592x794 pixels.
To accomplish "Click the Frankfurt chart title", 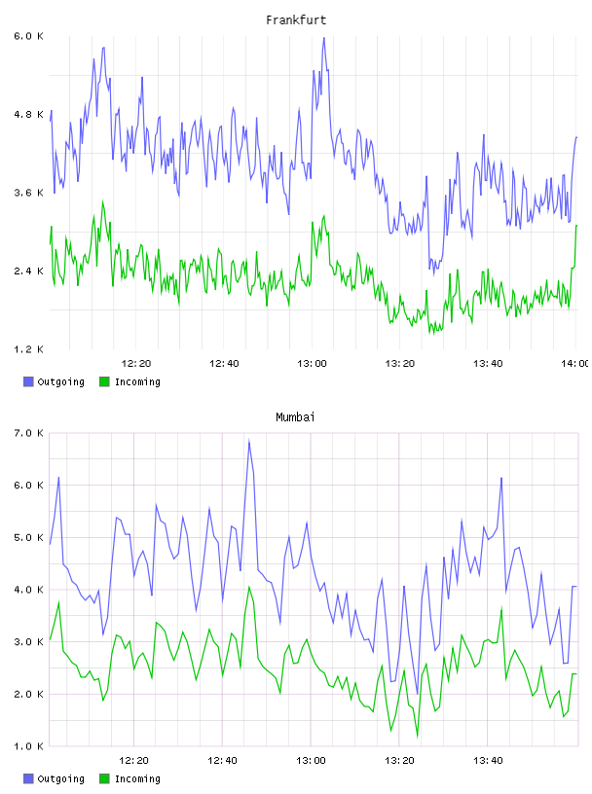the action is pos(296,20).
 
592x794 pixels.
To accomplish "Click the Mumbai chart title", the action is pos(295,417).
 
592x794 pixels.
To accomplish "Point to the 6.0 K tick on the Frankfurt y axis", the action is pos(29,36).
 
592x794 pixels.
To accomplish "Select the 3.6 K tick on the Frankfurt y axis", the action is pos(29,193).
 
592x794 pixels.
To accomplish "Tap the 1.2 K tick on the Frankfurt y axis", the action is pos(29,349).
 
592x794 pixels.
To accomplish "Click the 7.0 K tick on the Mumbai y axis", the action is pos(29,433).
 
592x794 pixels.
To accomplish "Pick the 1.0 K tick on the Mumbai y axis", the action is pos(29,746).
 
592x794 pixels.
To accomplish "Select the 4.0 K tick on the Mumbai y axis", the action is pos(29,590).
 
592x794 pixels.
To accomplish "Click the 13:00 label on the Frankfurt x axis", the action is pos(312,363).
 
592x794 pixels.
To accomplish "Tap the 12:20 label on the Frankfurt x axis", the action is pos(136,363).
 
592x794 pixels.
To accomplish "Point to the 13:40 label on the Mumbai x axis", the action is pos(488,760).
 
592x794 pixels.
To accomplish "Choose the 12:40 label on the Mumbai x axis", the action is pos(223,760).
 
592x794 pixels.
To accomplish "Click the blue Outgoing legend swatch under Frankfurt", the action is pos(28,381).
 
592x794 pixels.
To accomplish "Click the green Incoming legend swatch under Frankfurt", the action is pos(104,381).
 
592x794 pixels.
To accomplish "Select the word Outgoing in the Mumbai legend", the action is pos(60,778).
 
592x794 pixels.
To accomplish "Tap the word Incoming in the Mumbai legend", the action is pos(137,778).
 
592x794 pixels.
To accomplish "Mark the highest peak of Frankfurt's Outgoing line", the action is pos(324,38).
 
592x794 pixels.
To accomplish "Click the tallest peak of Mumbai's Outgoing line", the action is pos(249,440).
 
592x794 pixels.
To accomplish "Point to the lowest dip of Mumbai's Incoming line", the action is pos(418,737).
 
